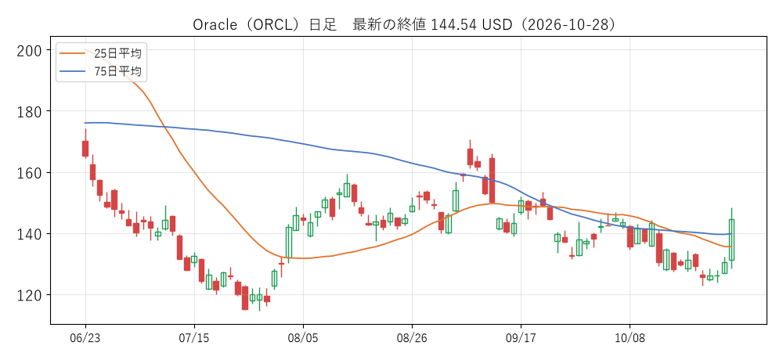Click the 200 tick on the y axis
pyautogui.click(x=30, y=50)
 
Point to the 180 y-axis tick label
pyautogui.click(x=30, y=111)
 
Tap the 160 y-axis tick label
pyautogui.click(x=30, y=172)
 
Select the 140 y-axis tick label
pyautogui.click(x=30, y=234)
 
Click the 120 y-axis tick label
pyautogui.click(x=30, y=294)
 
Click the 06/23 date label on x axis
pyautogui.click(x=85, y=339)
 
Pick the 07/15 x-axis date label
pyautogui.click(x=194, y=339)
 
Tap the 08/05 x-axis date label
pyautogui.click(x=303, y=339)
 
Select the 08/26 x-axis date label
pyautogui.click(x=412, y=339)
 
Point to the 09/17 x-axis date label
pyautogui.click(x=521, y=339)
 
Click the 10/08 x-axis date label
pyautogui.click(x=630, y=339)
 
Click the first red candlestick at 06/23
pyautogui.click(x=85, y=149)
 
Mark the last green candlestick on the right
pyautogui.click(x=731, y=239)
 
